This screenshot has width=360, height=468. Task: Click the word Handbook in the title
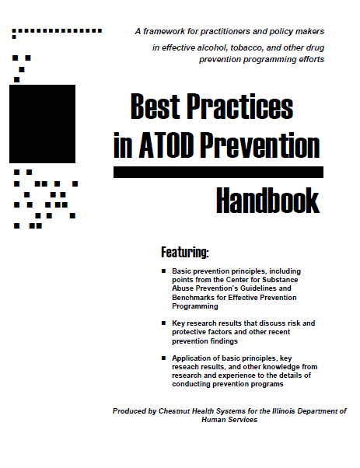coord(267,201)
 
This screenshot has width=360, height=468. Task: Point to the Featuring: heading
coord(184,252)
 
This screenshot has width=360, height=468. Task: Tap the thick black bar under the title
coord(218,172)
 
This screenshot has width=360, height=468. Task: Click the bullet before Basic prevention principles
coord(163,271)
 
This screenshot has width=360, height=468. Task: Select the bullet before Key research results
coord(163,323)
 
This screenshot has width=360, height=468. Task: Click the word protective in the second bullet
coord(191,332)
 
